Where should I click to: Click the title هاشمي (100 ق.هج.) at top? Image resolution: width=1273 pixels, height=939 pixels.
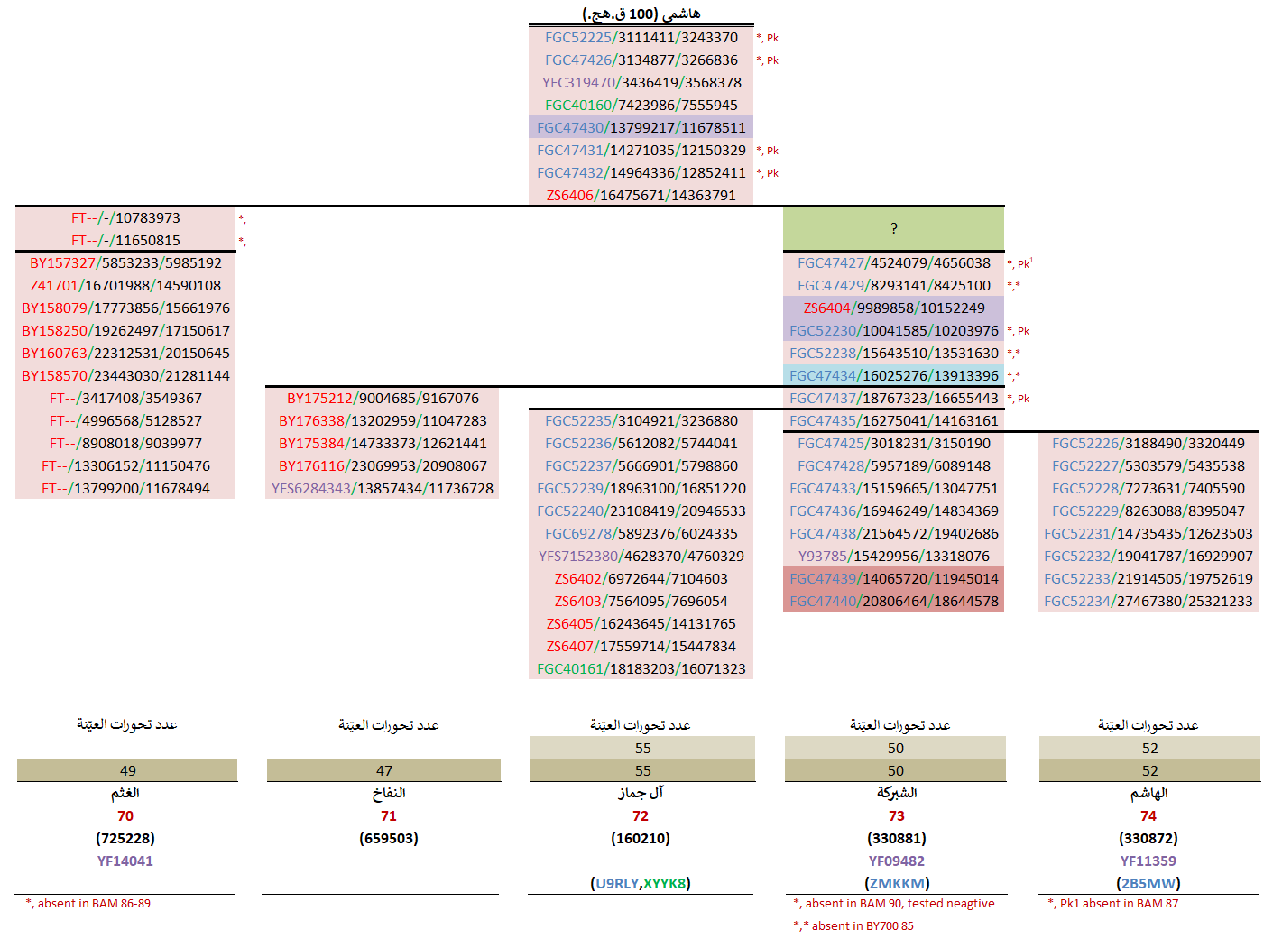[x=641, y=14]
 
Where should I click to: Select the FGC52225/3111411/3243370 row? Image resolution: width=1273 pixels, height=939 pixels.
[x=641, y=38]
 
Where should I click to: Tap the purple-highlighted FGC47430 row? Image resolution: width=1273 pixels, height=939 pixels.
[x=641, y=128]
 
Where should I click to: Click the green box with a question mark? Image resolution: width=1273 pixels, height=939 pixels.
[x=893, y=228]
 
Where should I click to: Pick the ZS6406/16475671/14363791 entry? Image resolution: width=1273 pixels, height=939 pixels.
[x=641, y=196]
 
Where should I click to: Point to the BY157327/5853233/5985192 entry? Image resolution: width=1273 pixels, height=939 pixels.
[x=125, y=263]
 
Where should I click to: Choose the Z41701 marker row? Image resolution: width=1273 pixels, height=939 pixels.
[x=125, y=286]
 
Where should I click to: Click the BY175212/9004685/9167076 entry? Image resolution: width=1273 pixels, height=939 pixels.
[x=383, y=399]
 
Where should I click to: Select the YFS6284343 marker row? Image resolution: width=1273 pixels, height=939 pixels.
[x=383, y=489]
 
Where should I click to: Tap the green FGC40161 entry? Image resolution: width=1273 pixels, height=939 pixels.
[x=641, y=669]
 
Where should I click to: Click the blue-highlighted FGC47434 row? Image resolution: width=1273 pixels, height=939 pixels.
[x=893, y=376]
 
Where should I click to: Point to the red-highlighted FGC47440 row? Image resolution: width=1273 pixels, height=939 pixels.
[x=893, y=602]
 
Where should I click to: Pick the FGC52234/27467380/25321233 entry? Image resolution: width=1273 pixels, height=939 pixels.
[x=1148, y=602]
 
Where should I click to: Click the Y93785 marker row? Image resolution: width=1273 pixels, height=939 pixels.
[x=893, y=557]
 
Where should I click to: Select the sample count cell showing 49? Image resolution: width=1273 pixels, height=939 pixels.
[x=127, y=771]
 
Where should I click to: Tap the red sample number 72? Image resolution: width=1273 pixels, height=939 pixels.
[x=641, y=816]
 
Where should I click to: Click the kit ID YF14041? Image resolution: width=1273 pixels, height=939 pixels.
[x=125, y=861]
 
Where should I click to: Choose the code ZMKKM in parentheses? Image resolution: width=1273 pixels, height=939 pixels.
[x=897, y=884]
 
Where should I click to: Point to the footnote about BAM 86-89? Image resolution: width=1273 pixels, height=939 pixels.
[x=88, y=904]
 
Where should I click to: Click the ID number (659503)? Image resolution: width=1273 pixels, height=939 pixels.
[x=389, y=839]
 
